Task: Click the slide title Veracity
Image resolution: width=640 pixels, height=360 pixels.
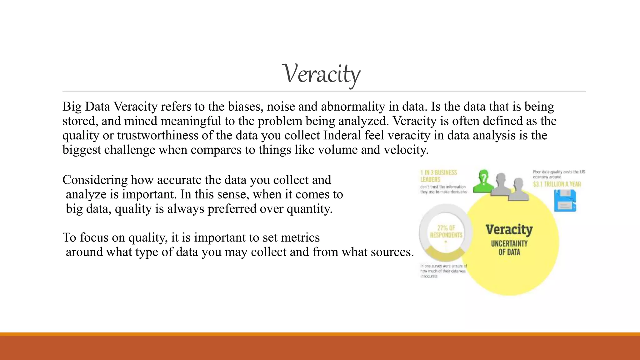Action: pyautogui.click(x=321, y=74)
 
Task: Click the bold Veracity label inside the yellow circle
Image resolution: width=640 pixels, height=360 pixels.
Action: pyautogui.click(x=509, y=230)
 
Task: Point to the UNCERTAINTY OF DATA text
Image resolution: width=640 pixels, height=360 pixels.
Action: pyautogui.click(x=509, y=248)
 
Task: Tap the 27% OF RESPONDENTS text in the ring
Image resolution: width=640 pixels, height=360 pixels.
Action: pyautogui.click(x=446, y=232)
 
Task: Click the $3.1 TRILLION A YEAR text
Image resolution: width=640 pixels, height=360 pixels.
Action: pyautogui.click(x=557, y=184)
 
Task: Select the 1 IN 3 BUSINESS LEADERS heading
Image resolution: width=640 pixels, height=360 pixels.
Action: pyautogui.click(x=438, y=176)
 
